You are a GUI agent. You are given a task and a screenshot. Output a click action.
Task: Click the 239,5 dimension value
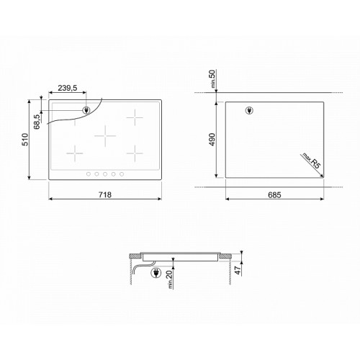pyautogui.click(x=68, y=88)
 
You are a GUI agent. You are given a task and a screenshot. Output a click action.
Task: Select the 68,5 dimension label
pyautogui.click(x=37, y=122)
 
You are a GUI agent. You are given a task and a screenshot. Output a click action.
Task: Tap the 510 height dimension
pyautogui.click(x=25, y=140)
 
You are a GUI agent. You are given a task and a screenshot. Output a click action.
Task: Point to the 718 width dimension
pyautogui.click(x=105, y=194)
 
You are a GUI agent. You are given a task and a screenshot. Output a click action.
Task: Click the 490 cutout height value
pyautogui.click(x=212, y=140)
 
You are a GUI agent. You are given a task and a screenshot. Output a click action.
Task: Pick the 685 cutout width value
pyautogui.click(x=274, y=194)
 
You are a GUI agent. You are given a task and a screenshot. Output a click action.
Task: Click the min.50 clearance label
pyautogui.click(x=213, y=78)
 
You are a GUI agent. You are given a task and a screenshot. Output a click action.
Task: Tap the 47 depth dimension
pyautogui.click(x=238, y=270)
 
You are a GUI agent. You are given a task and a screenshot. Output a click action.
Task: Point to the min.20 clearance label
pyautogui.click(x=169, y=279)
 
